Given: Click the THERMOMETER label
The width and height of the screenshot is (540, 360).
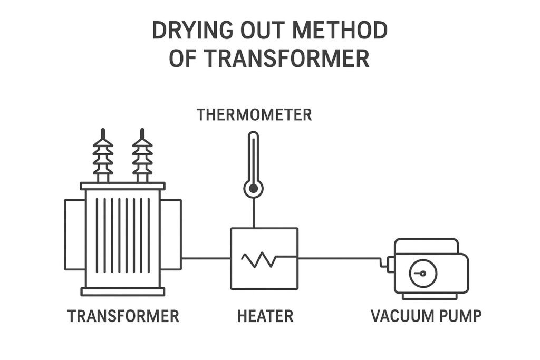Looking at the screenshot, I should click(x=254, y=114).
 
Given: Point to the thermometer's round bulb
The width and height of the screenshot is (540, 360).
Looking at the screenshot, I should click(x=254, y=188).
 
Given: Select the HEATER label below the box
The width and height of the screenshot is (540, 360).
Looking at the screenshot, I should click(x=265, y=316).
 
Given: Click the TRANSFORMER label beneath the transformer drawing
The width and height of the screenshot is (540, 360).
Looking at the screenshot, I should click(x=123, y=316).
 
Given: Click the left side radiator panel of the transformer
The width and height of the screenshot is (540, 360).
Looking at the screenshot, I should click(x=74, y=235).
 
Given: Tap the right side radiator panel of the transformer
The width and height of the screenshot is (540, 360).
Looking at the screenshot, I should click(x=171, y=235).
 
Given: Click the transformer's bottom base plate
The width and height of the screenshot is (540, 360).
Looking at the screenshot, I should click(x=122, y=291).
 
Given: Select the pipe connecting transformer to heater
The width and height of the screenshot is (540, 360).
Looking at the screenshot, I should click(x=206, y=258).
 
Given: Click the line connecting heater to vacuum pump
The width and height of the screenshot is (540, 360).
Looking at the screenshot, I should click(x=340, y=258).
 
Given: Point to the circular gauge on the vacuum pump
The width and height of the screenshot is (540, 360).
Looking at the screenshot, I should click(x=423, y=274).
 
